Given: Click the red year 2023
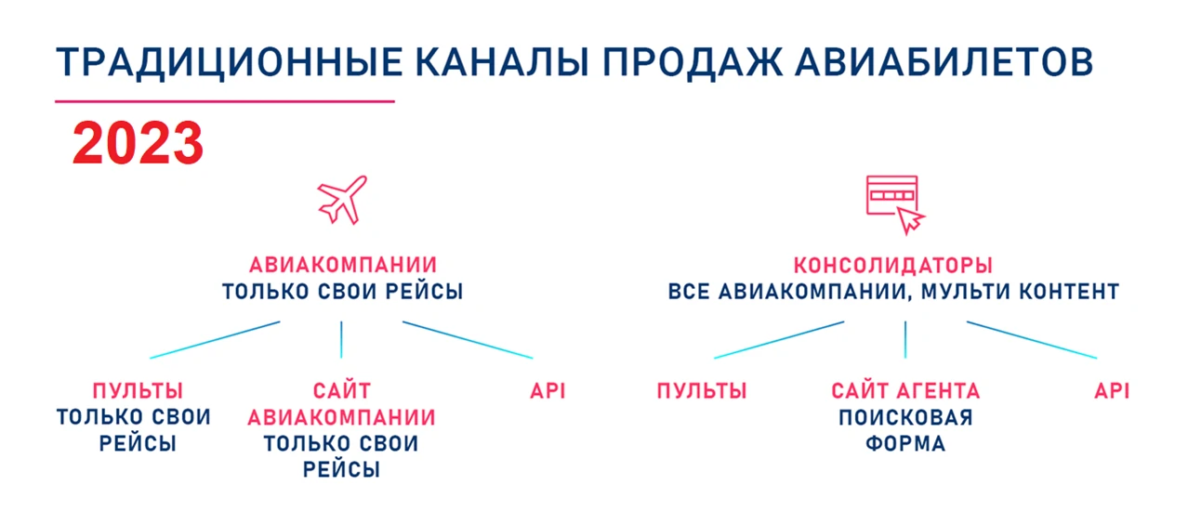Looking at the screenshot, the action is click(x=138, y=143).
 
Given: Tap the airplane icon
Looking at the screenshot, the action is click(x=342, y=200).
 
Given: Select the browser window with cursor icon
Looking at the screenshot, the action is click(x=895, y=204).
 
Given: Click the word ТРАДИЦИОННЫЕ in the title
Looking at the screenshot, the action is click(x=229, y=63).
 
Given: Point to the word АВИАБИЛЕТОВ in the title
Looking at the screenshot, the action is click(x=944, y=63).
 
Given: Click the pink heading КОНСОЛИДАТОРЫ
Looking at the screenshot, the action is click(x=893, y=265).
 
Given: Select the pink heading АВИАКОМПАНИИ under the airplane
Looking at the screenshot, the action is click(x=343, y=265).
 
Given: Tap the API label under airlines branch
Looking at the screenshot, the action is click(x=548, y=391).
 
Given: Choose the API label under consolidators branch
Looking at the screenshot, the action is click(x=1112, y=391).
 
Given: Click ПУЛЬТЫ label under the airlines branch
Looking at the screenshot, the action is click(x=138, y=391).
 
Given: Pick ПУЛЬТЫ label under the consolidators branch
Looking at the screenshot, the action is click(x=702, y=391).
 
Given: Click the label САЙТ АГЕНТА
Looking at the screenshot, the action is click(x=905, y=391).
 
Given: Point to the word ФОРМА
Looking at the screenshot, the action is click(x=905, y=443).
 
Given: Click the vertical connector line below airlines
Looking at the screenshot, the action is click(x=341, y=339).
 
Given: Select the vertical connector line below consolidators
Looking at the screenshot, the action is click(x=905, y=339).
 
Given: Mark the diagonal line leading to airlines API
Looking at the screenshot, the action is click(x=468, y=340).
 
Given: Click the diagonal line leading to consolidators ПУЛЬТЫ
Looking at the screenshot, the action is click(x=779, y=340).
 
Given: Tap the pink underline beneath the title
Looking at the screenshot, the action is click(x=225, y=101).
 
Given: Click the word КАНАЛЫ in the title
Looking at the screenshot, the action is click(x=502, y=63).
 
